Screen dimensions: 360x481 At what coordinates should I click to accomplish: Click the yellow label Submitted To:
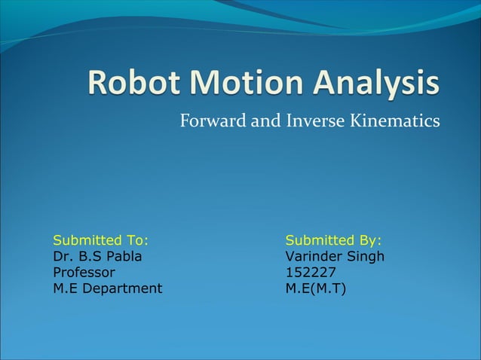[100, 240]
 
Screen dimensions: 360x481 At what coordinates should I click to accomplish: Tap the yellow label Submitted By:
[333, 240]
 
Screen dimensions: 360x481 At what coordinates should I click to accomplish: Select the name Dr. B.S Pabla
[97, 256]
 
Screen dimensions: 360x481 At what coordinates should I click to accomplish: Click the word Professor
[84, 272]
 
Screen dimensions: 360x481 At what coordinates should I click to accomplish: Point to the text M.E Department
[107, 288]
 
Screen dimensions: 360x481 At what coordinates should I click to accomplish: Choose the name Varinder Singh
[335, 256]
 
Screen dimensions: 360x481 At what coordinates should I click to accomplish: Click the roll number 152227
[311, 272]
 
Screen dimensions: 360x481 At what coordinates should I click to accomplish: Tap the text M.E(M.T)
[316, 288]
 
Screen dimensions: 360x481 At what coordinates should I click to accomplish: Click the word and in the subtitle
[265, 121]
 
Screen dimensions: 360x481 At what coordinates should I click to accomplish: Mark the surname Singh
[366, 256]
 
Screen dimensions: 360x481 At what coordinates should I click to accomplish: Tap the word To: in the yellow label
[137, 240]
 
